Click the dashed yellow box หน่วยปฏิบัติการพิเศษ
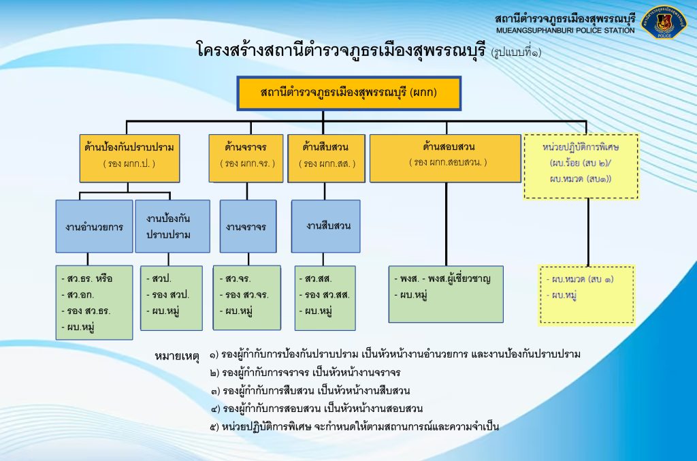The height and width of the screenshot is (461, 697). coord(581,166)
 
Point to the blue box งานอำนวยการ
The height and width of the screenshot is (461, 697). coord(95,227)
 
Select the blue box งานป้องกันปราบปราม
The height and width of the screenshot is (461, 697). coord(172,227)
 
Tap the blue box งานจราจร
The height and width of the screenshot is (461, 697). coord(248,227)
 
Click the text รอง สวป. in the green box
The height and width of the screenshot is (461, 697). coord(167,295)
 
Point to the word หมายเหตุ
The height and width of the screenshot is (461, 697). coord(178,356)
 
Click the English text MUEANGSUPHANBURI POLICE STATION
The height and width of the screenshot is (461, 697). coord(565,31)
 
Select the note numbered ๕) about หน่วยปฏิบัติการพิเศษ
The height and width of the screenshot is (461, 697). coord(355,427)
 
